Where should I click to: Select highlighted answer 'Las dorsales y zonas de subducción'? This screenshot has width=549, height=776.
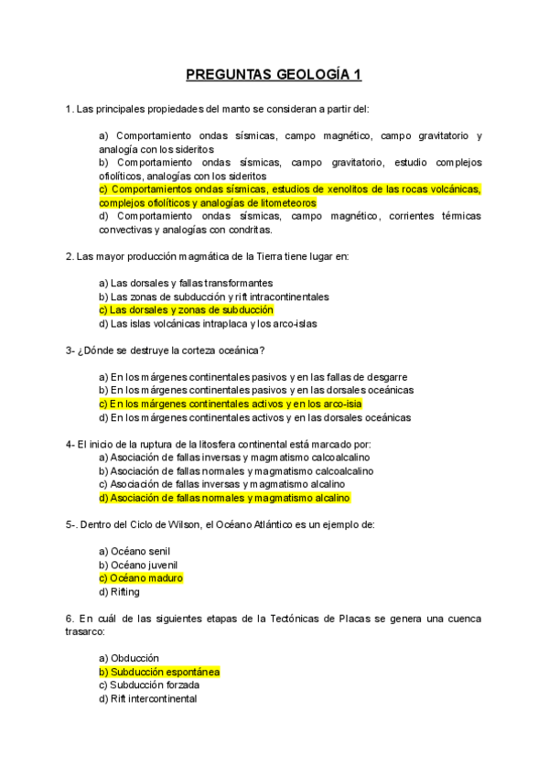(x=186, y=310)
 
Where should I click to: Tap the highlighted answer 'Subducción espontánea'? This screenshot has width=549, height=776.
(x=159, y=672)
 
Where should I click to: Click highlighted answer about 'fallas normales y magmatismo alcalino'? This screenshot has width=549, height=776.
(x=224, y=498)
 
